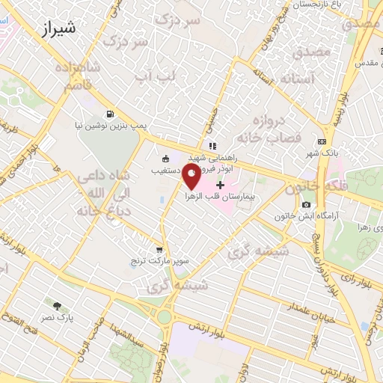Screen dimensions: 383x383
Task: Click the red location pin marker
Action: [192, 178]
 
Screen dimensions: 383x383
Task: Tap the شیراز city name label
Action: [55, 29]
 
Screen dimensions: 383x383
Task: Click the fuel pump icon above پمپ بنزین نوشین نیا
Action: [111, 114]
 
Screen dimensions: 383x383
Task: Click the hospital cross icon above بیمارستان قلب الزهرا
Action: [220, 185]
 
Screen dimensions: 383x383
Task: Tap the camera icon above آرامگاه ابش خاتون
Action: [306, 205]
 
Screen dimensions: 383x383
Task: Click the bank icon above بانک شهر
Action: [322, 142]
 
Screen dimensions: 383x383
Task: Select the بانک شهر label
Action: [322, 153]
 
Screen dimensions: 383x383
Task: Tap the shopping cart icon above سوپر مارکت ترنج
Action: [159, 251]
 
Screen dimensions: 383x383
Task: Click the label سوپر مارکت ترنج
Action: [159, 261]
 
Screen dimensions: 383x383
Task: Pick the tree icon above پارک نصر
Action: [58, 305]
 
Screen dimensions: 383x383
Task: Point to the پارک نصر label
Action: [58, 316]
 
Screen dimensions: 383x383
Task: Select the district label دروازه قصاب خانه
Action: [268, 131]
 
